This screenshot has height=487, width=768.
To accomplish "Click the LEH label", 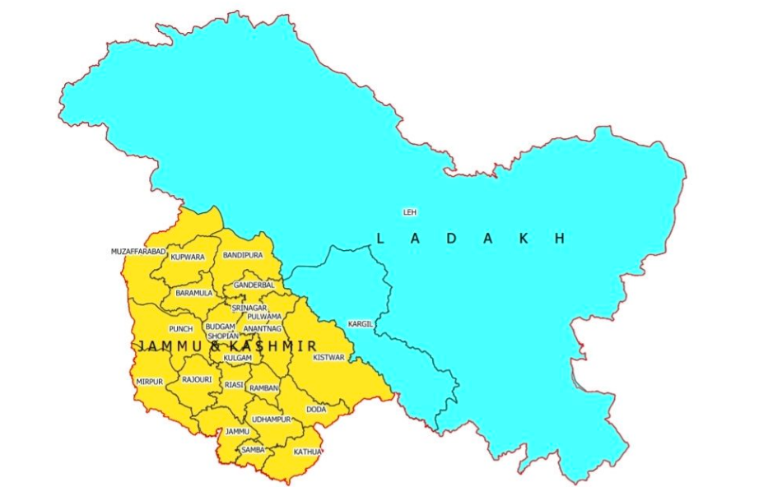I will tap(409, 212).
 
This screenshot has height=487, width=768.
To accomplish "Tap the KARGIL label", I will tap(361, 323).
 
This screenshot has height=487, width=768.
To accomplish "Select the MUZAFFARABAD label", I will tap(138, 251).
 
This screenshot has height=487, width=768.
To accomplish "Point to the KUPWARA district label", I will tap(187, 257).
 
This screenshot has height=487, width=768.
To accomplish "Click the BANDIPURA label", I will tap(243, 256).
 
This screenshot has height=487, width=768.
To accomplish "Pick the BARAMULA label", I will tap(193, 293).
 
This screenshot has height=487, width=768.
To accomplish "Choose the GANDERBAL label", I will tap(254, 285).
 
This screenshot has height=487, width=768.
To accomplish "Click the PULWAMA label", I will tap(264, 317).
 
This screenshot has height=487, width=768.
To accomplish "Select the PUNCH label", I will tap(180, 329).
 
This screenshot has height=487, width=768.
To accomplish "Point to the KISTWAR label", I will tap(328, 357).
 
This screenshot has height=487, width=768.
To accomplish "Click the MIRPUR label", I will tap(149, 382).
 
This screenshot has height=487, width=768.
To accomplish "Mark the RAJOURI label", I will tap(197, 380).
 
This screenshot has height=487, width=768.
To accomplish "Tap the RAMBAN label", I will tap(263, 387).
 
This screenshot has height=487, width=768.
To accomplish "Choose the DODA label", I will tap(316, 409).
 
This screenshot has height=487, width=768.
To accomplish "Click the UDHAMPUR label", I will tap(272, 420).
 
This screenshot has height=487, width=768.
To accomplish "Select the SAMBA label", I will tap(252, 450).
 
